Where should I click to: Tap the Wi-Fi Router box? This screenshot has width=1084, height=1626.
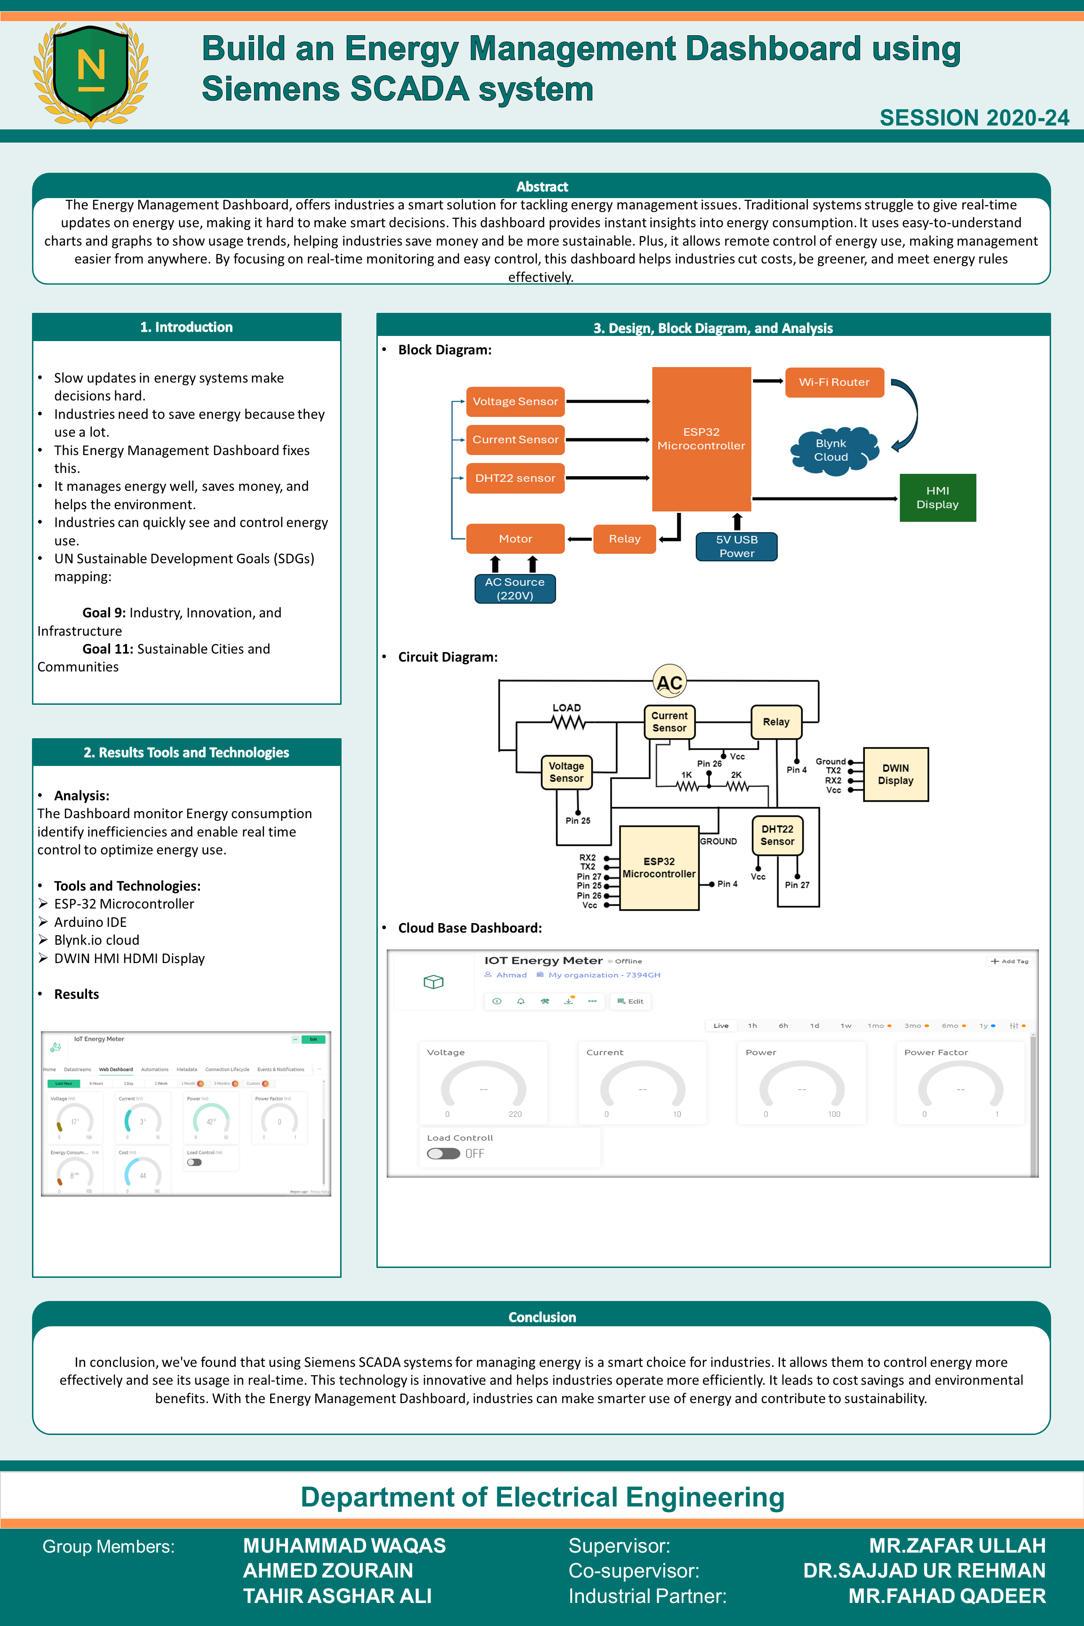tap(834, 383)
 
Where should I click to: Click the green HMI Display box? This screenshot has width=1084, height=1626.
tap(937, 498)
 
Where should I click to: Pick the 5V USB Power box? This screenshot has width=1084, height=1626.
tap(736, 546)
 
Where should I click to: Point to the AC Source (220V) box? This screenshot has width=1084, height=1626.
tap(515, 588)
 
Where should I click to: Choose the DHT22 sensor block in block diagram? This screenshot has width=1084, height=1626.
tap(515, 478)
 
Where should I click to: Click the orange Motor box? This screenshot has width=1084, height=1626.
tap(515, 539)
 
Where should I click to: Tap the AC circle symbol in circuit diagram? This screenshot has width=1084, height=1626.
tap(669, 682)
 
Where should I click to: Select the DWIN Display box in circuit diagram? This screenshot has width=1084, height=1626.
tap(895, 774)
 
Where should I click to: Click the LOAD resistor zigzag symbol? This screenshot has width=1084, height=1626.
tap(567, 723)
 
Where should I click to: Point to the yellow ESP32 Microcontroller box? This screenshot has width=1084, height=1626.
tap(659, 868)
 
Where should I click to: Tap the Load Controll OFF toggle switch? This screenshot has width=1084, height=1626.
tap(444, 1153)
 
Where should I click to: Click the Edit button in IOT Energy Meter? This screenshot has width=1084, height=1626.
tap(630, 1001)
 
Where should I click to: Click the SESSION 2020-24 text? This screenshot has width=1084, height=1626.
tap(973, 118)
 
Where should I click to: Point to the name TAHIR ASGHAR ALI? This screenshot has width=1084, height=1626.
tap(337, 1595)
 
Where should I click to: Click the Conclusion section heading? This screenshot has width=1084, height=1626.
tap(542, 1317)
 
